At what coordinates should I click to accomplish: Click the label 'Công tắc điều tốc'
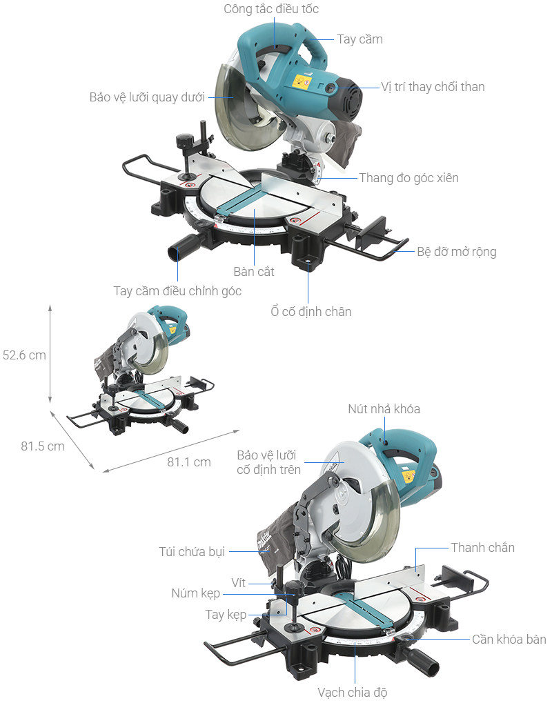[x=271, y=10]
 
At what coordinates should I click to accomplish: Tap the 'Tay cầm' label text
[x=359, y=39]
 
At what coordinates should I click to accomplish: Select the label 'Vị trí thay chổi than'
[x=433, y=87]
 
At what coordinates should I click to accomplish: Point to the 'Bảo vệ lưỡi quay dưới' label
[x=148, y=97]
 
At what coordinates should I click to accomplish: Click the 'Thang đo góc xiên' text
[x=408, y=178]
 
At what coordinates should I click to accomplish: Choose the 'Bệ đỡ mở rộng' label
[x=456, y=252]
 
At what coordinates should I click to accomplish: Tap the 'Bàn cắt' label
[x=253, y=272]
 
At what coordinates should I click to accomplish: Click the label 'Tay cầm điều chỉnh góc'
[x=177, y=291]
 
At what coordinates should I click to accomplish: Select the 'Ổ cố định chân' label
[x=310, y=312]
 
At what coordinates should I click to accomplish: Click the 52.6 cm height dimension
[x=24, y=355]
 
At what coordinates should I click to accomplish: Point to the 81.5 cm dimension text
[x=43, y=446]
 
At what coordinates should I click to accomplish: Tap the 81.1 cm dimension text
[x=188, y=462]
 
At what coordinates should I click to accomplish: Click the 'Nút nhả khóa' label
[x=384, y=409]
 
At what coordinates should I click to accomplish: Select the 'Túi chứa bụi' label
[x=192, y=552]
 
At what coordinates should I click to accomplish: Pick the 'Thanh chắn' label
[x=482, y=548]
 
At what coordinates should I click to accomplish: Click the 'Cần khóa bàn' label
[x=509, y=640]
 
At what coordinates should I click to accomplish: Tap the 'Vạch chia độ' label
[x=357, y=692]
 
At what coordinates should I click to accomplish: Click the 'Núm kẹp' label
[x=195, y=594]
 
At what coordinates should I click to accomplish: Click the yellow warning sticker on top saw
[x=302, y=82]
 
